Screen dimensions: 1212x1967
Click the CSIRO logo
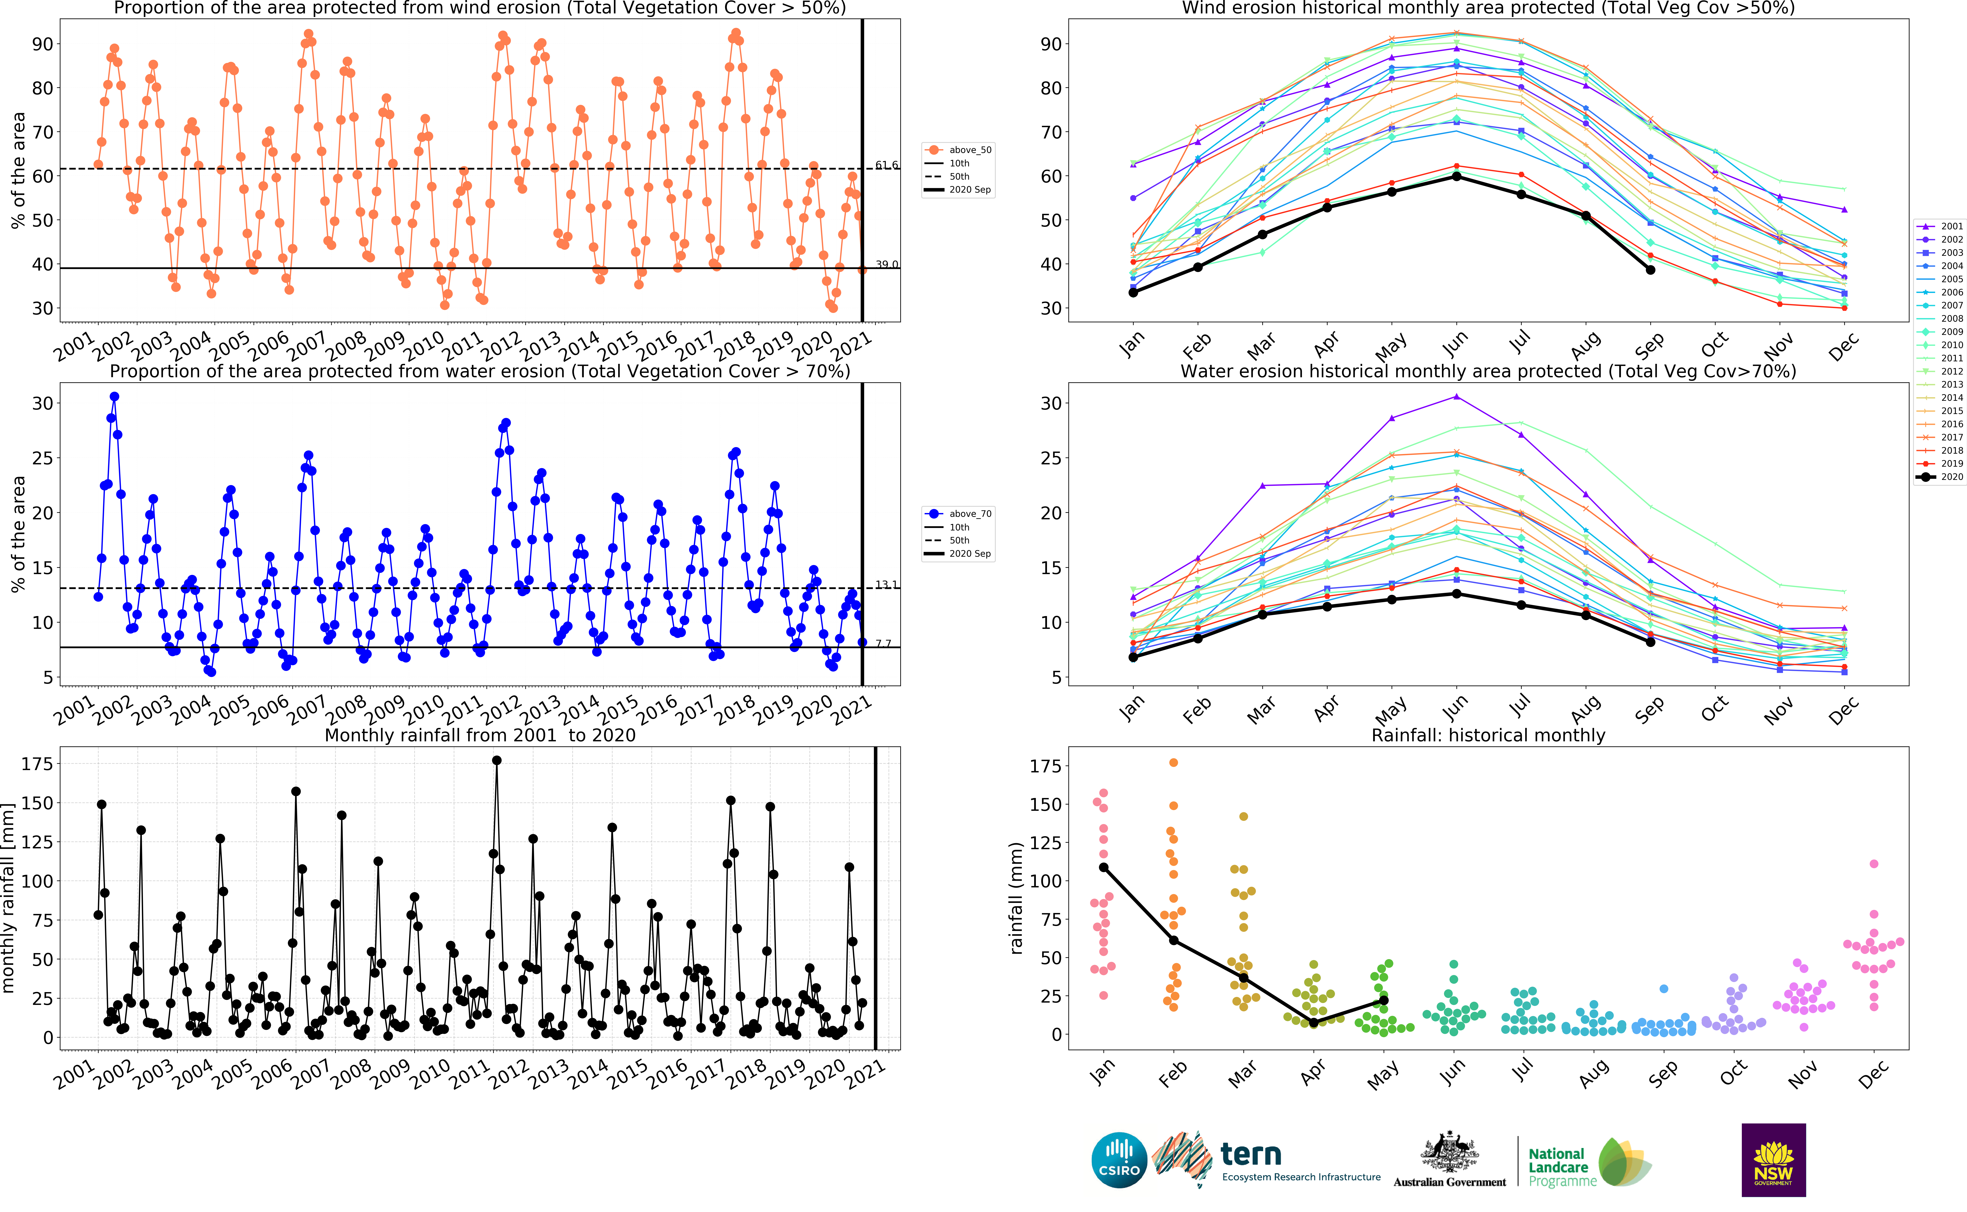(1119, 1160)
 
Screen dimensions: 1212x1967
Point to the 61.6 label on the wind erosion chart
(886, 165)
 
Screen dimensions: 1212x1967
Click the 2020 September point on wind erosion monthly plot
(1650, 270)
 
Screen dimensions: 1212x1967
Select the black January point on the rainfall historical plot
(1104, 867)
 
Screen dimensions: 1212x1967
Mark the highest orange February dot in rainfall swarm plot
(1174, 762)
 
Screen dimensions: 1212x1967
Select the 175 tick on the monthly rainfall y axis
(37, 764)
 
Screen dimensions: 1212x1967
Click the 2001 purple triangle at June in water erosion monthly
(1456, 397)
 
